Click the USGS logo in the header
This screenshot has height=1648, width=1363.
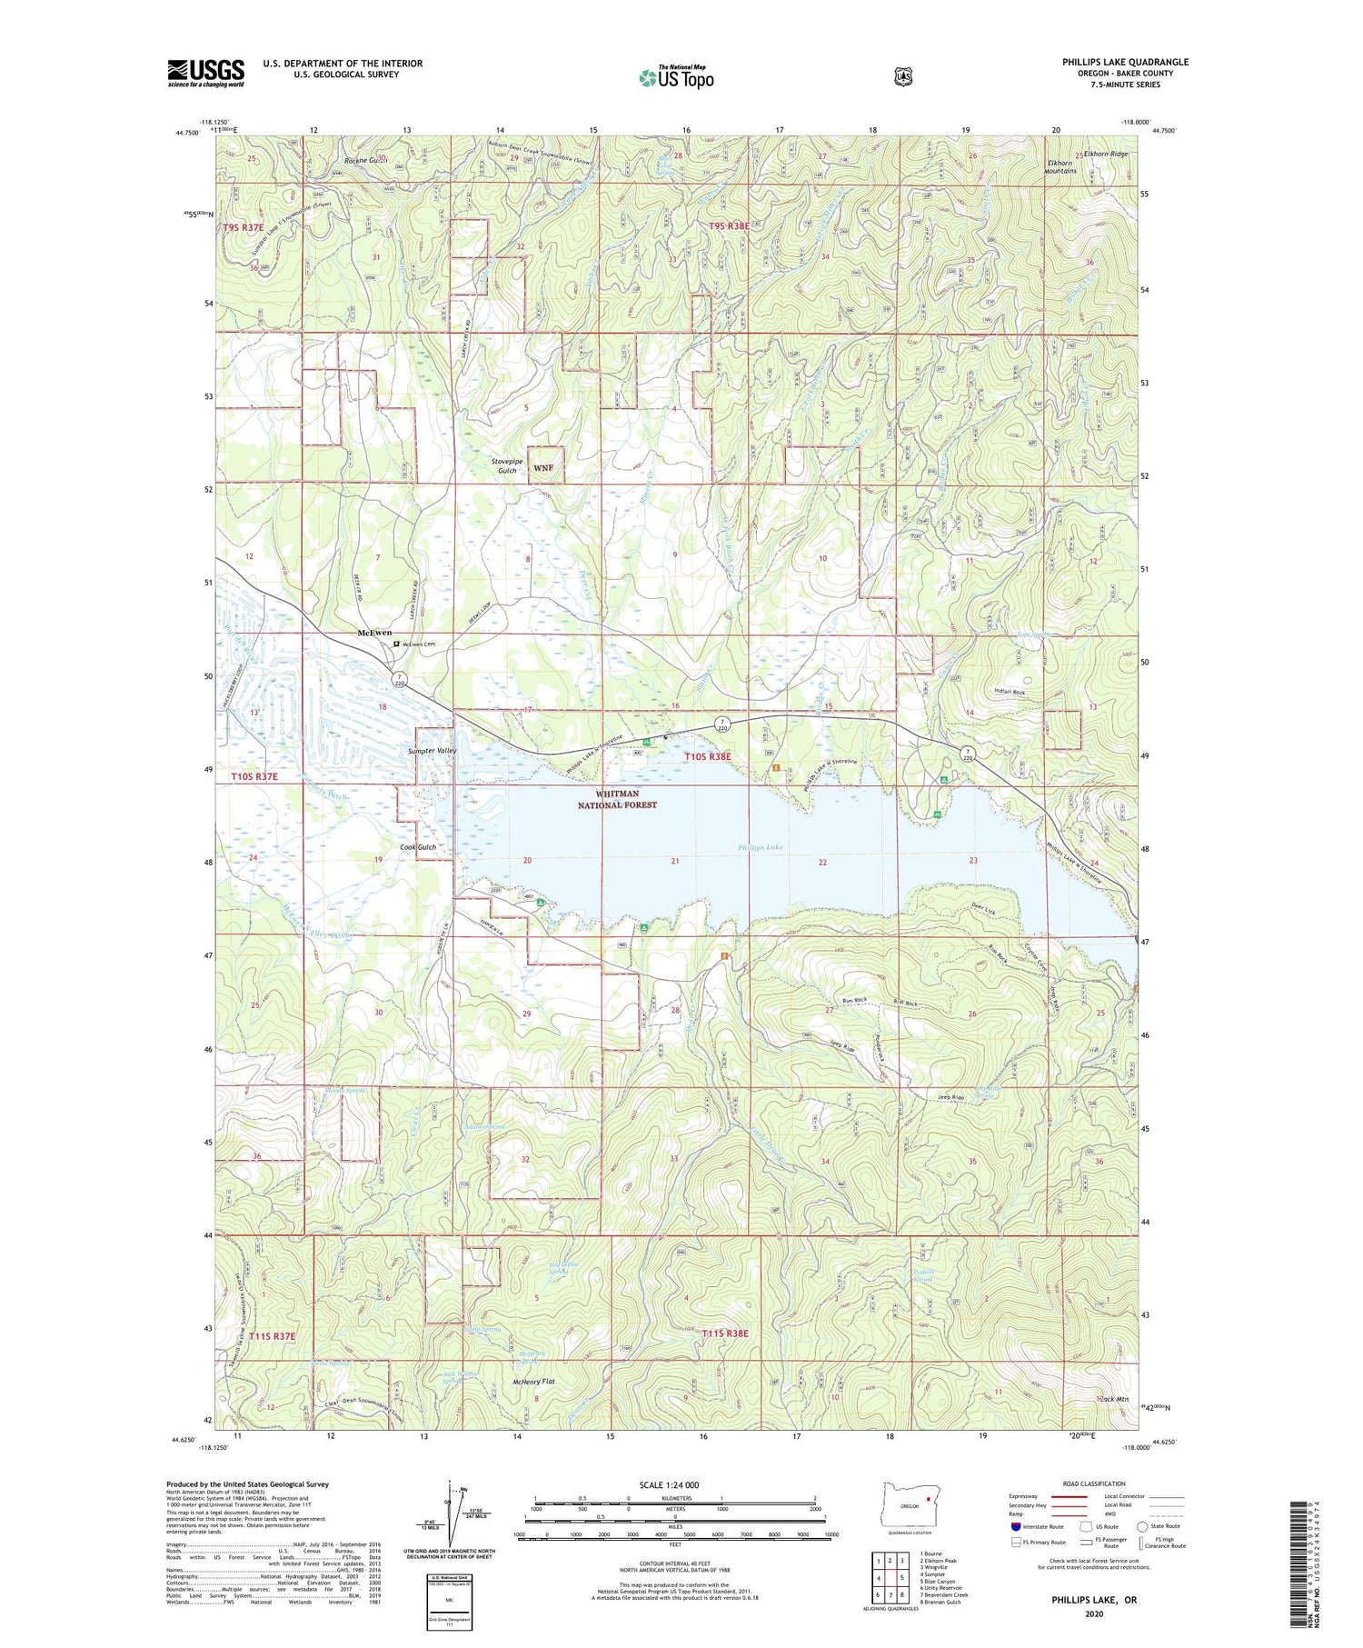click(205, 73)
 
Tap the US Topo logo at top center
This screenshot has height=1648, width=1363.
click(676, 77)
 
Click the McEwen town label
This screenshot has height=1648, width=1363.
click(374, 633)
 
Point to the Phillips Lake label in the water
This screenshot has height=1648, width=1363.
click(760, 847)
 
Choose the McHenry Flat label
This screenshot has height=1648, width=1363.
click(533, 1381)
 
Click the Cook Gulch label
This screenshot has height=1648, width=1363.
click(418, 847)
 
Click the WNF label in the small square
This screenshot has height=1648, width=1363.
click(543, 468)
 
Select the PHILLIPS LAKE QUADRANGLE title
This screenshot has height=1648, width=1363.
click(1125, 62)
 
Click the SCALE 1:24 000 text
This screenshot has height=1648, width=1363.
click(669, 1485)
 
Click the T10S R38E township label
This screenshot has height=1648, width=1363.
click(708, 756)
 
